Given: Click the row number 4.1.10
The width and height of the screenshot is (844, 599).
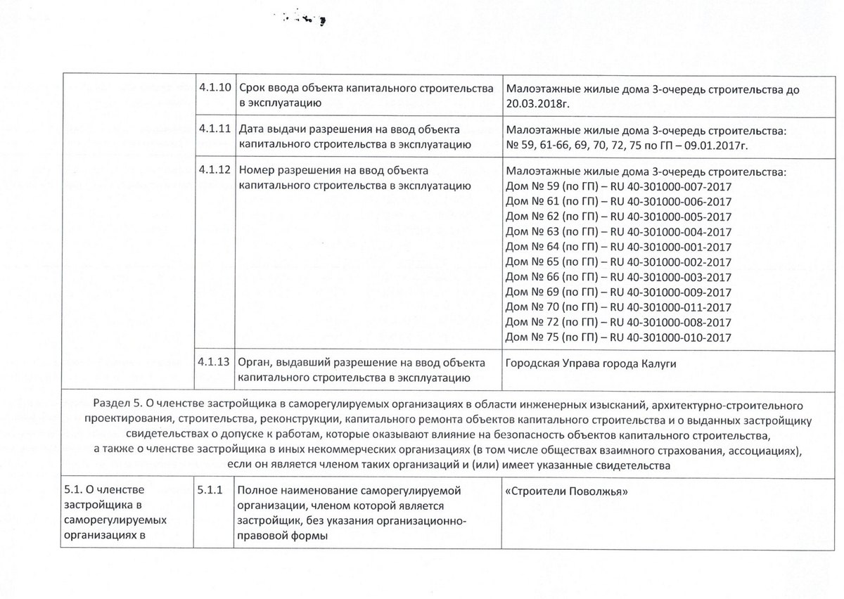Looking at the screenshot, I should [x=215, y=89].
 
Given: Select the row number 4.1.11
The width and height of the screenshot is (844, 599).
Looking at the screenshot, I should [x=215, y=129].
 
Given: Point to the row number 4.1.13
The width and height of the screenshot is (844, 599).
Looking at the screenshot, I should [x=215, y=363].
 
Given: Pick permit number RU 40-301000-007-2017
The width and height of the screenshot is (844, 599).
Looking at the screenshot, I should [x=671, y=186].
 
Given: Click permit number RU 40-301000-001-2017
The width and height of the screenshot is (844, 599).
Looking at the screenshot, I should [x=671, y=247].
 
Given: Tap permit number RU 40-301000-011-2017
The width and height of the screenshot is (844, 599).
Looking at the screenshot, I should [x=671, y=307].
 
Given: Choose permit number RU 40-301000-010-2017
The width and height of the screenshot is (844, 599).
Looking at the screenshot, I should [x=671, y=337].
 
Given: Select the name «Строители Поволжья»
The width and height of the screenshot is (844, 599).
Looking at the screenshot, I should [x=566, y=491].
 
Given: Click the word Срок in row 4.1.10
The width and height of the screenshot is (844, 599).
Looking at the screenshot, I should [x=252, y=90].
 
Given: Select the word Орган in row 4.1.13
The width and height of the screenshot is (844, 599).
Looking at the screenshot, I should [x=255, y=363].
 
